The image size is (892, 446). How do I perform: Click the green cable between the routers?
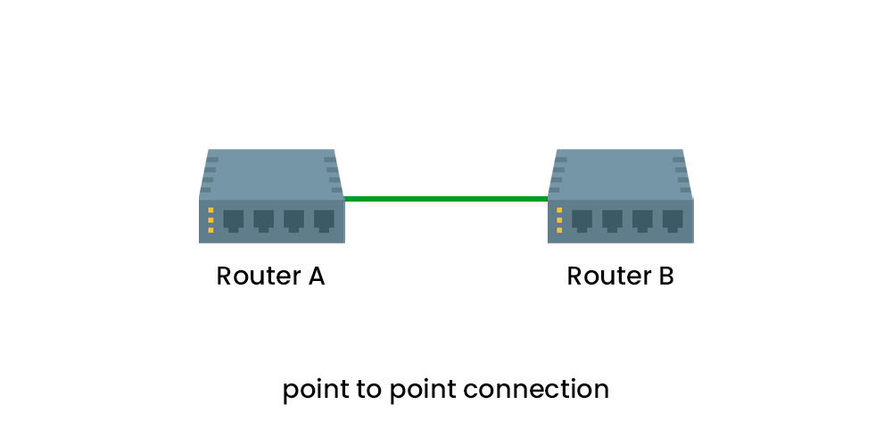pyautogui.click(x=446, y=199)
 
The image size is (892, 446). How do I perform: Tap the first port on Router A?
pyautogui.click(x=234, y=219)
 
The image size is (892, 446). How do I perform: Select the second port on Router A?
pyautogui.click(x=264, y=219)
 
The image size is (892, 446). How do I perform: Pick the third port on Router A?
pyautogui.click(x=294, y=219)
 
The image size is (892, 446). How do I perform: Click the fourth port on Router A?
pyautogui.click(x=324, y=219)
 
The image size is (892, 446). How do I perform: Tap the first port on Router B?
pyautogui.click(x=582, y=219)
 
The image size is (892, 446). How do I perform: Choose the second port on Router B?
pyautogui.click(x=613, y=219)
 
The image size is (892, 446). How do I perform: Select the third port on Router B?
pyautogui.click(x=643, y=219)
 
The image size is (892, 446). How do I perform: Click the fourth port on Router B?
pyautogui.click(x=673, y=219)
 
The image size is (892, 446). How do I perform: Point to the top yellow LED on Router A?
pyautogui.click(x=211, y=211)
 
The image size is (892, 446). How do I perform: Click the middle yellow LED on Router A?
pyautogui.click(x=211, y=220)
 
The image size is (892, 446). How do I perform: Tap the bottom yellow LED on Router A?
pyautogui.click(x=211, y=230)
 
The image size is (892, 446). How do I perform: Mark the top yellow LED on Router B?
pyautogui.click(x=559, y=211)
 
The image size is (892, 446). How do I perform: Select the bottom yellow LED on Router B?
pyautogui.click(x=559, y=230)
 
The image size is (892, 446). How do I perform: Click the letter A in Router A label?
pyautogui.click(x=315, y=277)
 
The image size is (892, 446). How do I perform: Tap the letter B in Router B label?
pyautogui.click(x=665, y=277)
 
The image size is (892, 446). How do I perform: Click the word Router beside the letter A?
pyautogui.click(x=258, y=277)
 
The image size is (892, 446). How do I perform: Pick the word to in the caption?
pyautogui.click(x=373, y=390)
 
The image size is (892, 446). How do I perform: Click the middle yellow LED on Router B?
pyautogui.click(x=559, y=220)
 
